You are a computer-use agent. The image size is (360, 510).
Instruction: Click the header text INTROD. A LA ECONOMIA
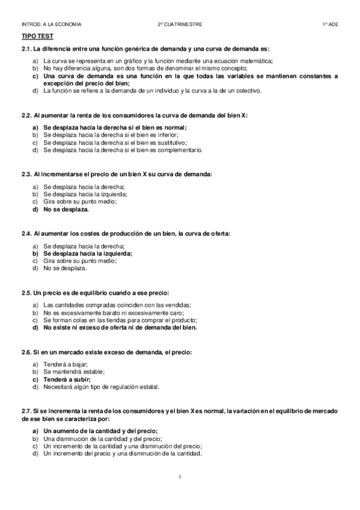(51, 24)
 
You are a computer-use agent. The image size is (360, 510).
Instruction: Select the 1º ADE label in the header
(330, 24)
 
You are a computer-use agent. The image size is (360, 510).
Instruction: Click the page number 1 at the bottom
(180, 477)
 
